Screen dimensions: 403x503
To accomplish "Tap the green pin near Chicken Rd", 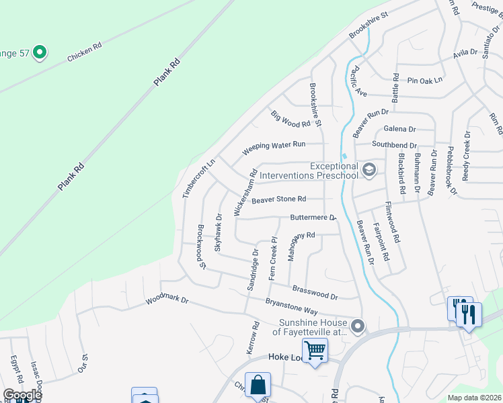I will point(39,51).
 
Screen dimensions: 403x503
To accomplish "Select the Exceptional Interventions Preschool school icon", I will point(369,170).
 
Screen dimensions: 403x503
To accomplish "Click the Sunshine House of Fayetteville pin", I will point(358,327).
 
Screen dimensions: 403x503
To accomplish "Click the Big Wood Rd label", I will point(291,119).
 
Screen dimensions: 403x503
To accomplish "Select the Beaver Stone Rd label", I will point(278,199).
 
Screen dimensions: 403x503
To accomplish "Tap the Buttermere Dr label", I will point(313,218).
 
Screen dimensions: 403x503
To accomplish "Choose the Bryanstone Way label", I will point(291,306).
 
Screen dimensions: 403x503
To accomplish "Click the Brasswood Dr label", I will point(315,292).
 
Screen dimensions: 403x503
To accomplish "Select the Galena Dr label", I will point(399,129).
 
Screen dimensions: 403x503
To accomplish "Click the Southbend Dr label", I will point(395,145).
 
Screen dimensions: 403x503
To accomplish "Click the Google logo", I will point(22,395).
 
